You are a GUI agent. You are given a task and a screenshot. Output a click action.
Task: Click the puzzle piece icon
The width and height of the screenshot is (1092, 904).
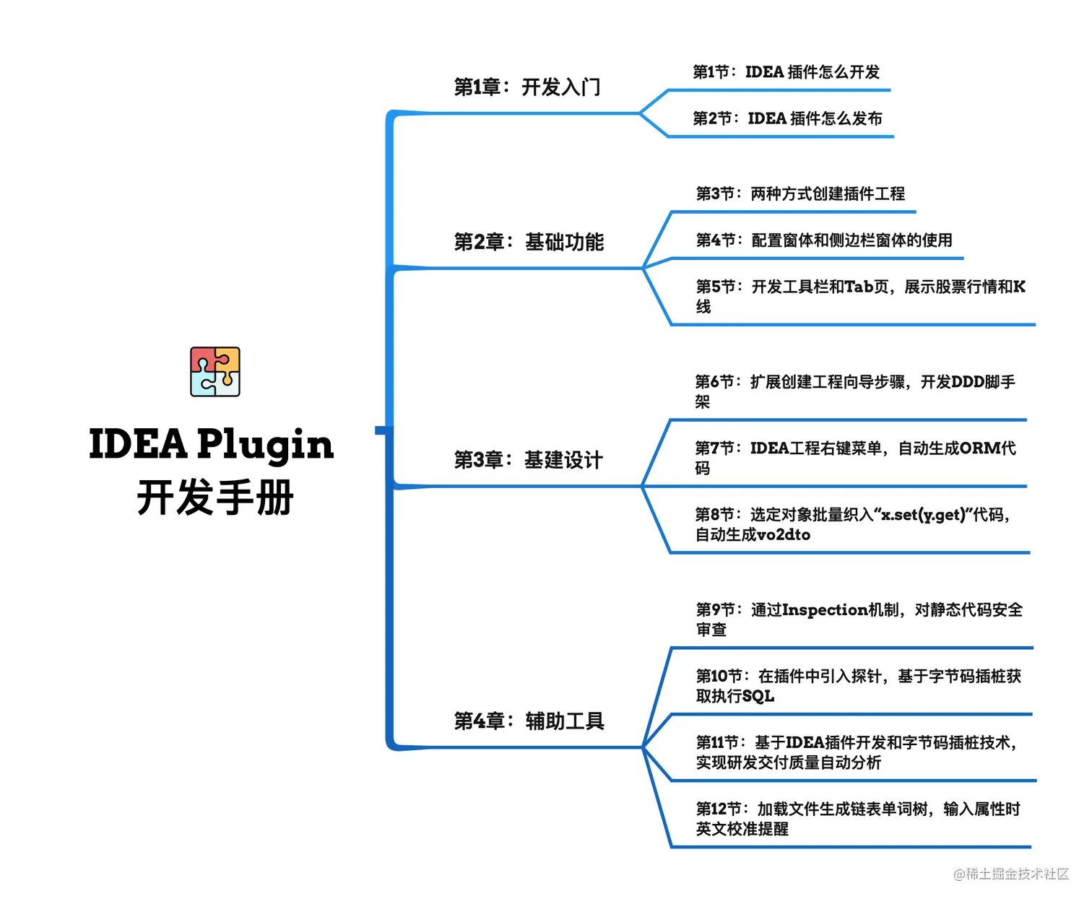(214, 371)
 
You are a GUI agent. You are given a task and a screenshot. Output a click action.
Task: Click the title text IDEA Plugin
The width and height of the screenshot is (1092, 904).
(211, 445)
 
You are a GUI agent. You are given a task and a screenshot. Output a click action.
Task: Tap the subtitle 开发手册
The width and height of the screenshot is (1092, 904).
(214, 498)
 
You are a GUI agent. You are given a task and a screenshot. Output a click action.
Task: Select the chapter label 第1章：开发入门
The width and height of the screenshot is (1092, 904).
(526, 87)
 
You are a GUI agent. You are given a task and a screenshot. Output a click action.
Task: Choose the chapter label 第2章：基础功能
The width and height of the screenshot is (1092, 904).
(529, 242)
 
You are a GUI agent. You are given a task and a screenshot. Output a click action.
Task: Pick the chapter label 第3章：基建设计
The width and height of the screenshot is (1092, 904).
(528, 460)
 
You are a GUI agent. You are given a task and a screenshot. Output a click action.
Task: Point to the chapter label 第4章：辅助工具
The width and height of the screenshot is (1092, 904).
(529, 721)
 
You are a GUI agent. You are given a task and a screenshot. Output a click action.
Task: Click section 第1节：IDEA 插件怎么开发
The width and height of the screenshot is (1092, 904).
(786, 72)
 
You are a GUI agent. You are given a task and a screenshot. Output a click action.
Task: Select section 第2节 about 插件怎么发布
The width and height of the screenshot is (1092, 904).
(787, 118)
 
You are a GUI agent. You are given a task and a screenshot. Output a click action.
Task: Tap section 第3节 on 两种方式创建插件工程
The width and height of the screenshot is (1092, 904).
(800, 194)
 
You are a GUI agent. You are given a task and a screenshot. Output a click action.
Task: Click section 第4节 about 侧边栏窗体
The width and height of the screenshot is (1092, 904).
(824, 240)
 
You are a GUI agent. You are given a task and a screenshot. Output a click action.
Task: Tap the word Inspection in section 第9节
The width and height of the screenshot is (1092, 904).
(825, 610)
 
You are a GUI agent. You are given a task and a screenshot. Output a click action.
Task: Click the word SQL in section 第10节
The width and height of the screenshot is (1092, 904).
(758, 697)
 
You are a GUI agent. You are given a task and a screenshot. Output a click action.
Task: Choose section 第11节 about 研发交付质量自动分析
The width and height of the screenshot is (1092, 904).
(856, 752)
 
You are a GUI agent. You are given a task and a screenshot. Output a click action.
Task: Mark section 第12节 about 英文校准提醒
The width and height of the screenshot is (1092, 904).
(857, 819)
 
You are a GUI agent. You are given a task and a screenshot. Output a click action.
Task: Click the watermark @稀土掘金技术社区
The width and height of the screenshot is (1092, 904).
(1010, 874)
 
